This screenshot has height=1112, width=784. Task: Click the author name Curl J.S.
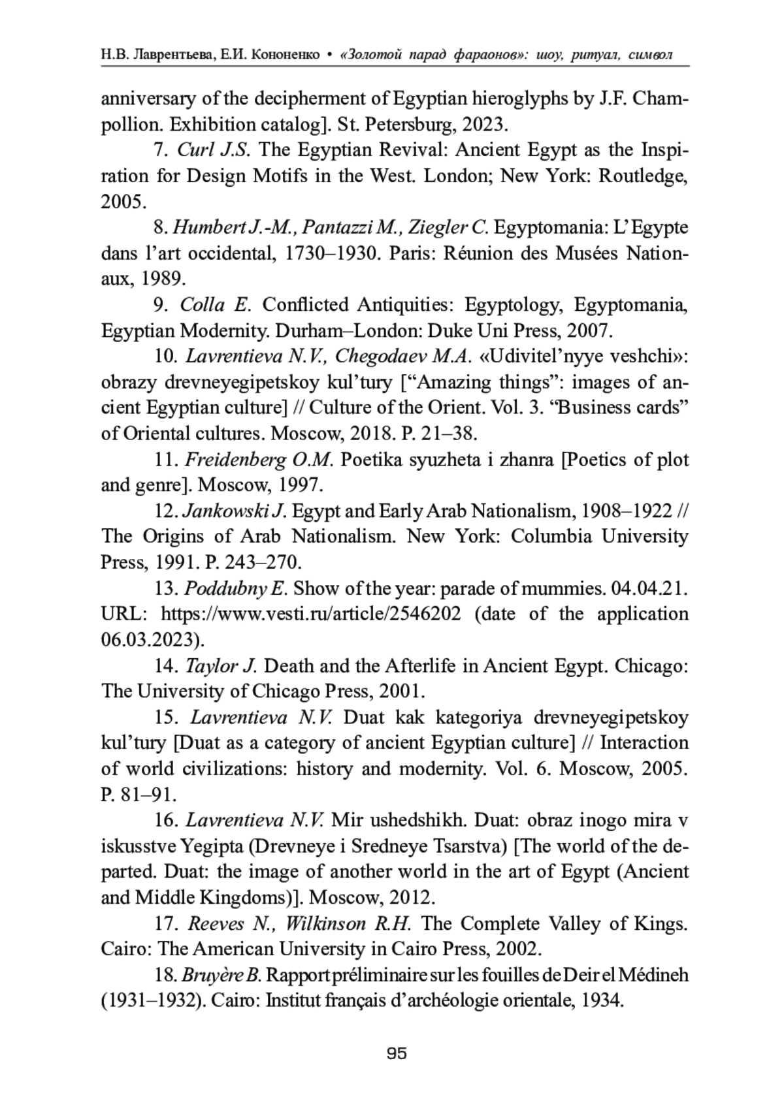pyautogui.click(x=213, y=150)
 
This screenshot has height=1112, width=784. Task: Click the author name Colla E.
pyautogui.click(x=220, y=305)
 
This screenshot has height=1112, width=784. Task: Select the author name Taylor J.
pyautogui.click(x=221, y=666)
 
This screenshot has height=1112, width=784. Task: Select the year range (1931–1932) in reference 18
pyautogui.click(x=152, y=1001)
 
